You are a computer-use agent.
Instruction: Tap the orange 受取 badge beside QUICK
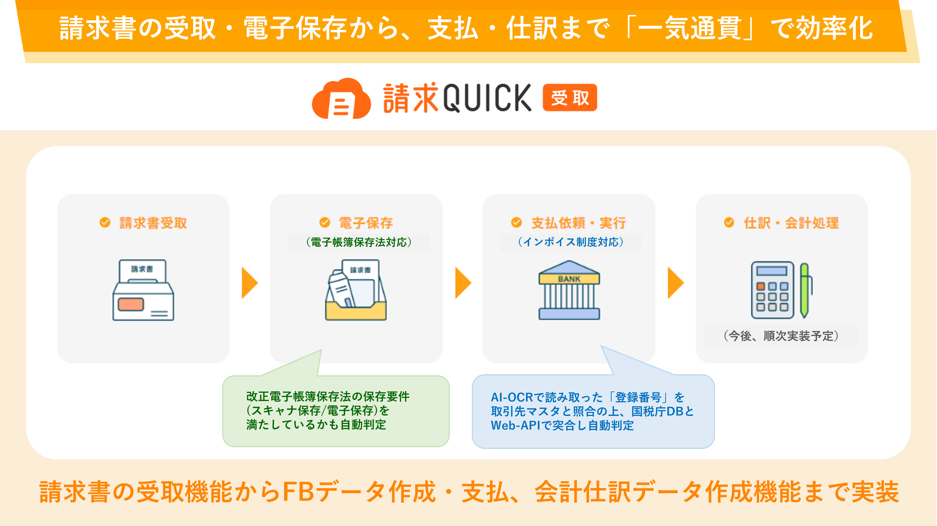569,98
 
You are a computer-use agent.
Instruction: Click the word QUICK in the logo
487,98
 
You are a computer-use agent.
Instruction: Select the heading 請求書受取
153,223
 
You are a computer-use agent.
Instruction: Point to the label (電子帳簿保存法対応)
359,242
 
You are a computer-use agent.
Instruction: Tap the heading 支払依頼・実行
578,223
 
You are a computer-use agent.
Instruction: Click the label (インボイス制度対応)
571,242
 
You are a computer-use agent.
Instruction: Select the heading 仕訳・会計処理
791,223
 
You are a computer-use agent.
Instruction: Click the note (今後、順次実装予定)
781,336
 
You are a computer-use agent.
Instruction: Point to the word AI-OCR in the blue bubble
512,397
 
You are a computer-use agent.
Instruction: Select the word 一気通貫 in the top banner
690,28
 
